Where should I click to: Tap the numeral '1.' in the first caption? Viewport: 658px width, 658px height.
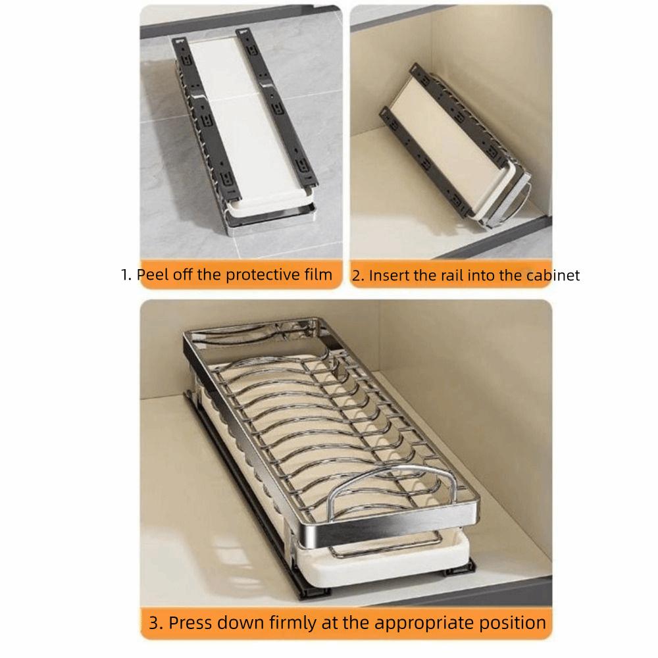coord(126,274)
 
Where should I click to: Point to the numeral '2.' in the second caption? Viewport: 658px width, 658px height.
coord(357,276)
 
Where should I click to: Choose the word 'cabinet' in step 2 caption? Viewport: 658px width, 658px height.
coord(553,276)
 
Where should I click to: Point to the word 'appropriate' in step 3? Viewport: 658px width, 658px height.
coord(430,622)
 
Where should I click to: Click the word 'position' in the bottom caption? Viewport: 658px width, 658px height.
coord(517,622)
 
